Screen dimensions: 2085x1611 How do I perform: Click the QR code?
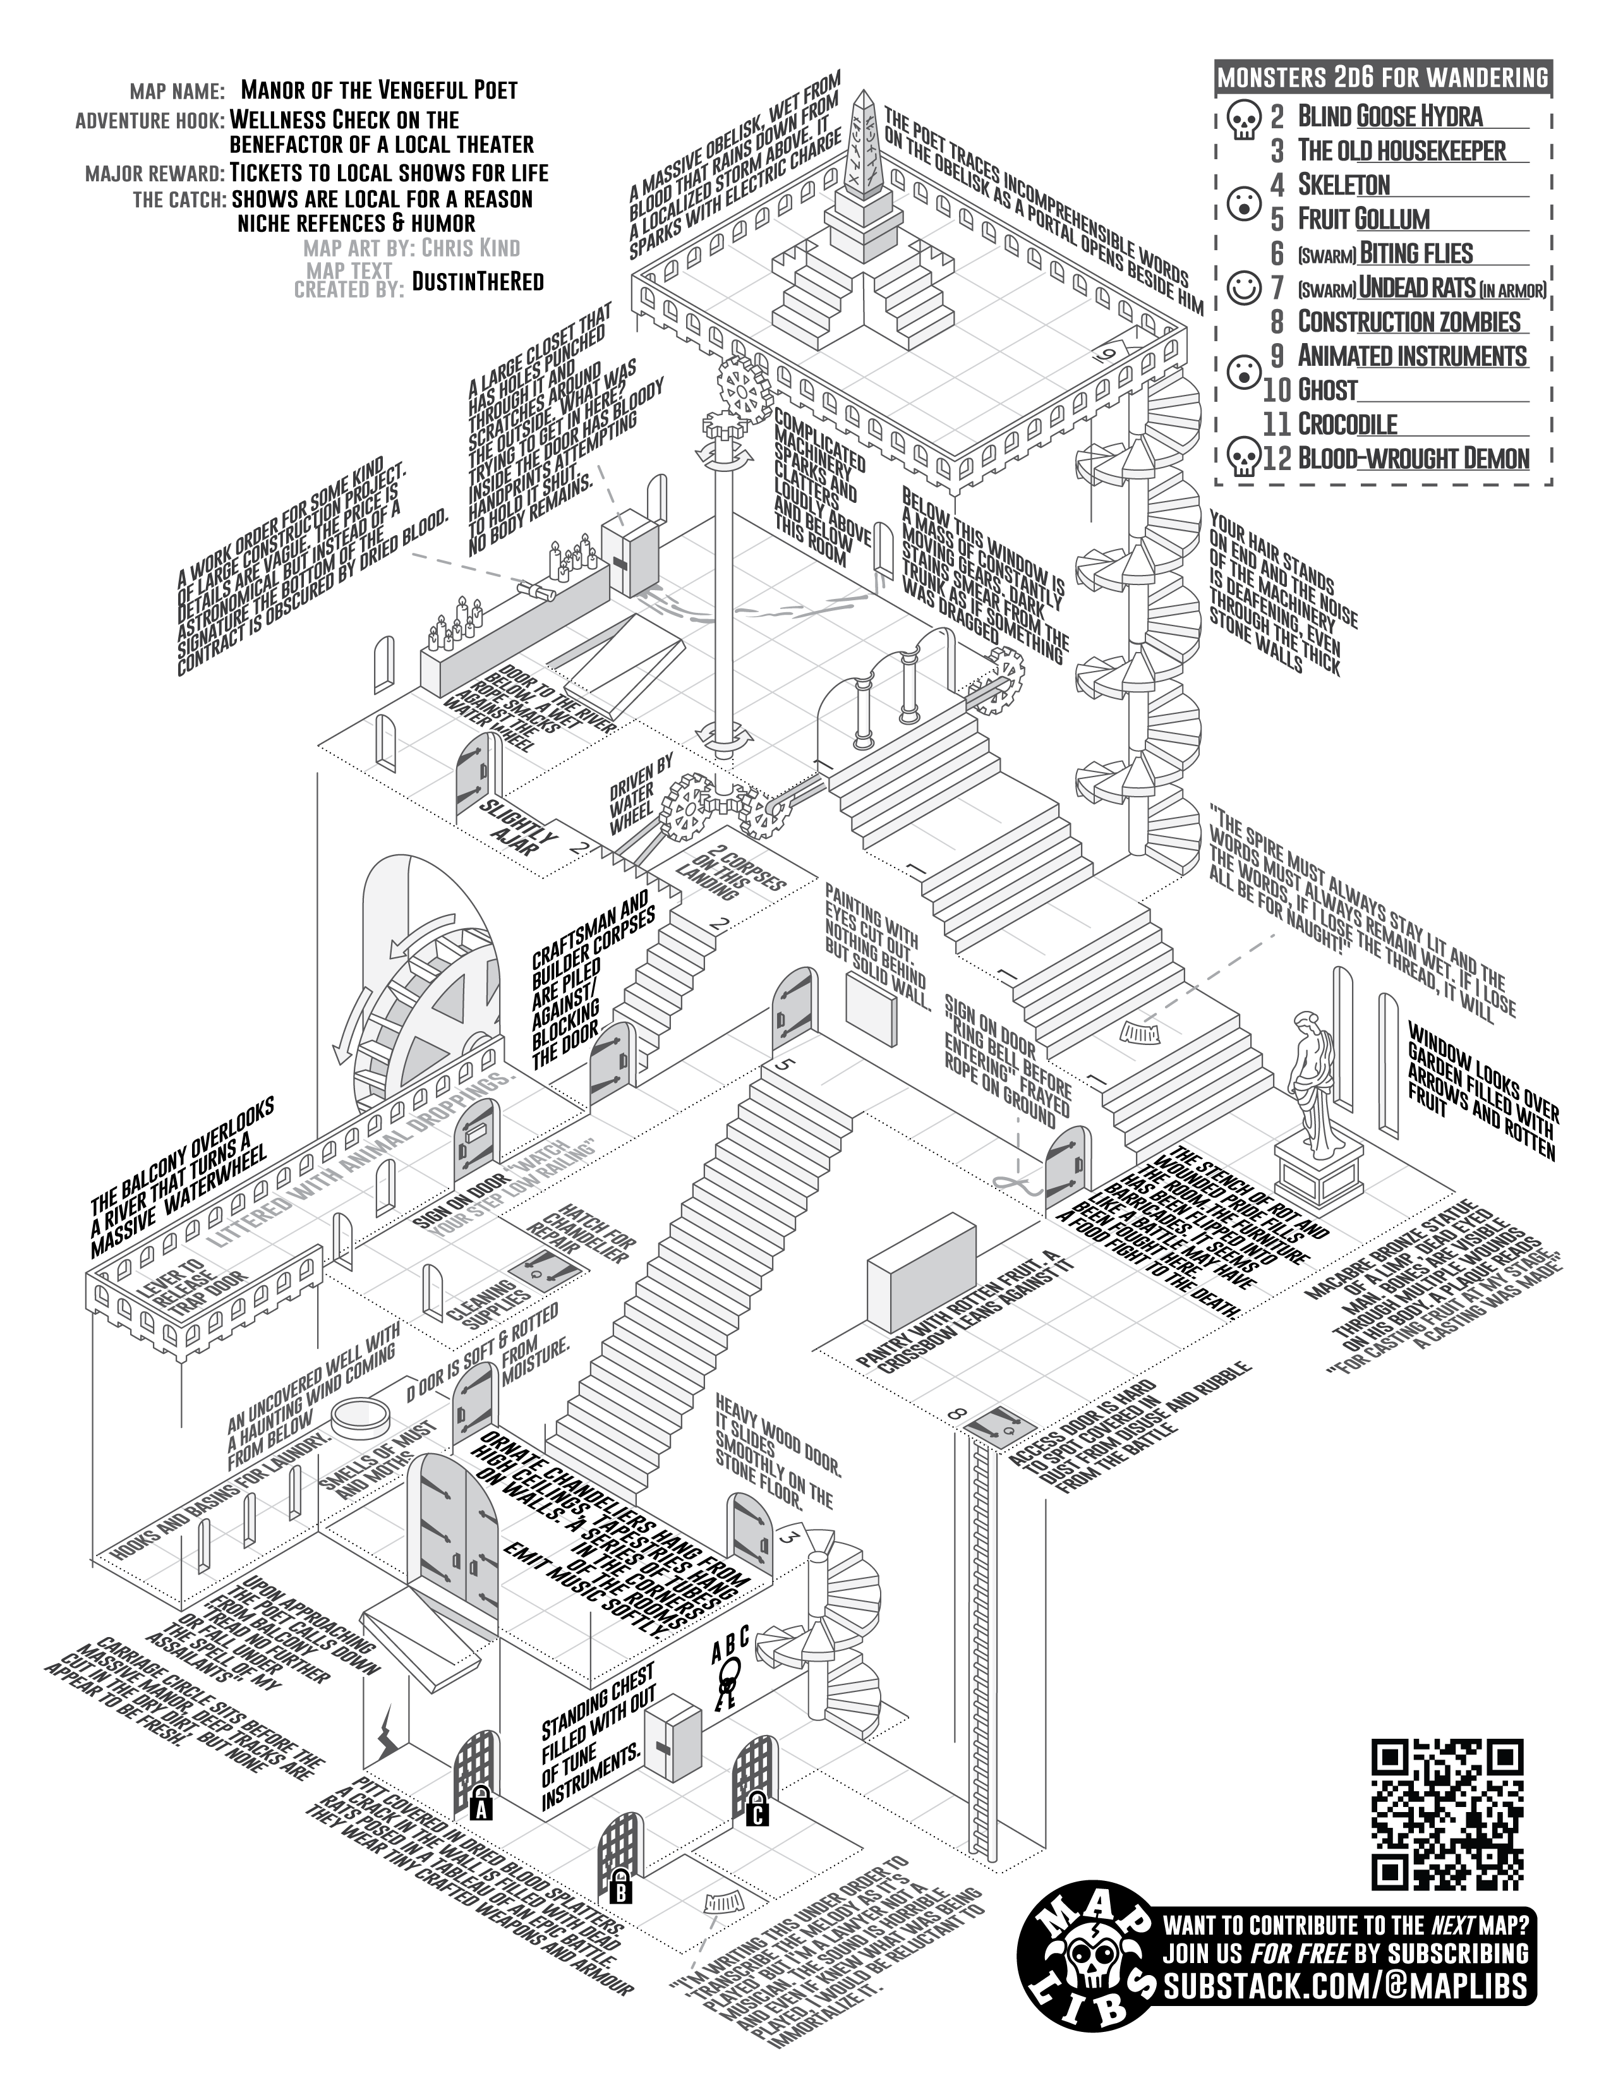(1447, 1814)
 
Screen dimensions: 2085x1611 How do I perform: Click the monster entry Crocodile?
(1347, 424)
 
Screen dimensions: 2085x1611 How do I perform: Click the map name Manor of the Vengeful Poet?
(379, 91)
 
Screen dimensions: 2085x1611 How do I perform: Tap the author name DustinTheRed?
(477, 281)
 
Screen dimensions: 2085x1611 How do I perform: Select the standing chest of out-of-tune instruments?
(671, 1739)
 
